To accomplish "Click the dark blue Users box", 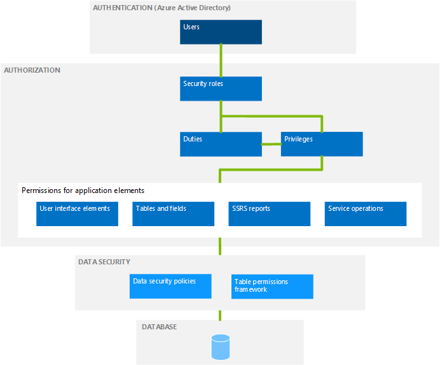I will point(221,32).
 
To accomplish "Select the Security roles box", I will point(221,89).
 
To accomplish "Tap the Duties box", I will point(221,144).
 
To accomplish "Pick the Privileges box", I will point(322,144).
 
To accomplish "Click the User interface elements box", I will point(78,213).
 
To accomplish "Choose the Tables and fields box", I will point(174,213).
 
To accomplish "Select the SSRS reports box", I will point(270,213).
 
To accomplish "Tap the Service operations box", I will point(365,213).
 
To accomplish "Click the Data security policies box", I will point(170,286).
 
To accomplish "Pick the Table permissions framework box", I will point(272,286).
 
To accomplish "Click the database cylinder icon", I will point(220,347).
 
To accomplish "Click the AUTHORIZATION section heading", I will point(32,70).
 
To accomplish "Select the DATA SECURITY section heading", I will point(104,262).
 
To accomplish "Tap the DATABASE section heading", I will point(159,327).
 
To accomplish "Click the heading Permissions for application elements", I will point(83,190).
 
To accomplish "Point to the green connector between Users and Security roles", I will point(221,61).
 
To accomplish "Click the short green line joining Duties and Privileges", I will point(272,145).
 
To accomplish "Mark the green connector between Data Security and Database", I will point(221,315).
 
